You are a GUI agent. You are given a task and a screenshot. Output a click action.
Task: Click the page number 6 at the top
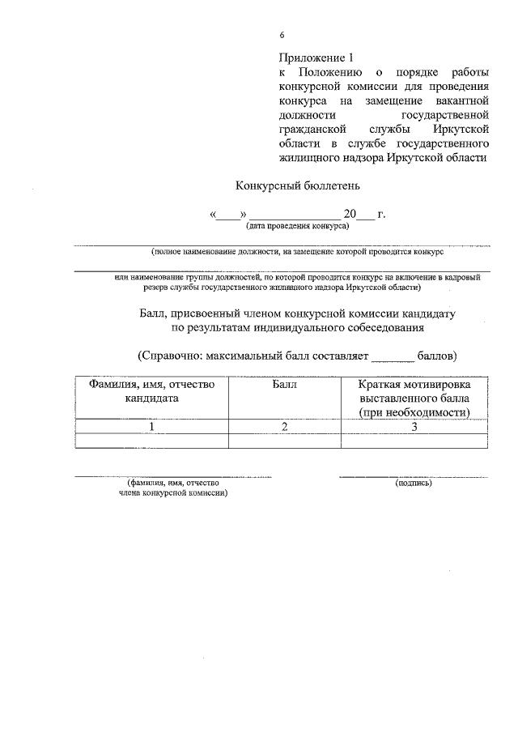click(282, 36)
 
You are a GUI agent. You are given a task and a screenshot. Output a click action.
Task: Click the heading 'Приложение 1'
click(317, 58)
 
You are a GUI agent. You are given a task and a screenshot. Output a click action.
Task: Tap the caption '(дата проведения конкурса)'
click(297, 226)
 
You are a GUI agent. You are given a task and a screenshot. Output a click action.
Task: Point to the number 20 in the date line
click(350, 215)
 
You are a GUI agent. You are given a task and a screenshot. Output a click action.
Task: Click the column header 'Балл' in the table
click(285, 385)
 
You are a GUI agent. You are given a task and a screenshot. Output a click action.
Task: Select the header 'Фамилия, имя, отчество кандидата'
click(152, 391)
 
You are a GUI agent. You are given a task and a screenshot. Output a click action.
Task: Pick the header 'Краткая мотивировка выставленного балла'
click(414, 391)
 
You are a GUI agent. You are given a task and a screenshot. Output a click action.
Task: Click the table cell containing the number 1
click(152, 425)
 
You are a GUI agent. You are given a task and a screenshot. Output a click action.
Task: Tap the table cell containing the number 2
click(285, 425)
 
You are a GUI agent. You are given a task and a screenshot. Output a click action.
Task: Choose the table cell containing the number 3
click(414, 425)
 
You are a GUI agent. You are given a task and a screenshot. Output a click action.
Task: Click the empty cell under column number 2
click(285, 441)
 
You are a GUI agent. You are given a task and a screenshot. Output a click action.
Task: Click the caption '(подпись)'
click(414, 484)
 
